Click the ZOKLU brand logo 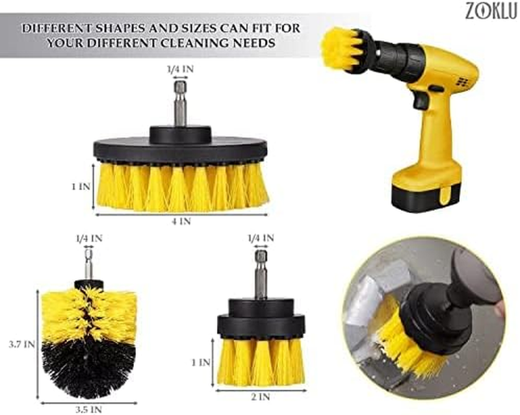tap(491, 11)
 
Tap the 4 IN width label tap(181, 221)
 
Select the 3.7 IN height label tap(21, 345)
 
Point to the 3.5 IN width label tap(88, 410)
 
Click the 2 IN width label tap(261, 397)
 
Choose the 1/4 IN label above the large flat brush tap(180, 69)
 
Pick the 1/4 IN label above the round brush tap(89, 238)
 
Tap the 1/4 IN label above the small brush tap(261, 238)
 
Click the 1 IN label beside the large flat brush tap(81, 187)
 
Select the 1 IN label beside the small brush tap(201, 362)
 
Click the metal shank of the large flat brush tap(180, 103)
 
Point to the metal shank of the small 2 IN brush tap(261, 275)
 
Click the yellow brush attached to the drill tap(343, 49)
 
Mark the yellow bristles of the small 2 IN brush tap(261, 362)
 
